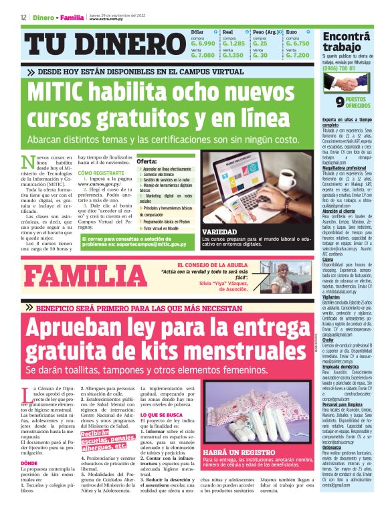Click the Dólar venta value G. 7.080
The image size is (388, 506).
tap(203, 56)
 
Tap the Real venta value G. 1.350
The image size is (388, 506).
tap(232, 56)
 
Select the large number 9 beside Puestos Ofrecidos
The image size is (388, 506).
tap(341, 102)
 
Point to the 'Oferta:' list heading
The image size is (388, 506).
tap(147, 162)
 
